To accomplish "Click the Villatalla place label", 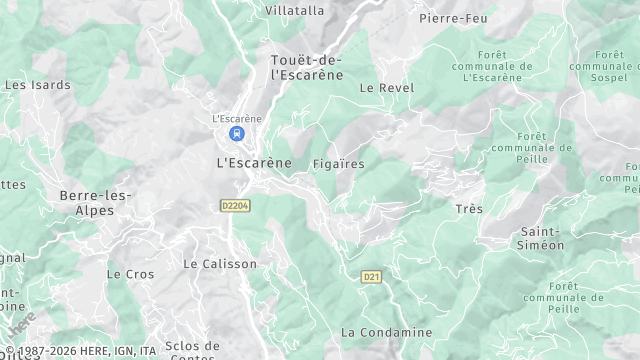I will [295, 10].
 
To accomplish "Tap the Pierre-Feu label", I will [453, 18].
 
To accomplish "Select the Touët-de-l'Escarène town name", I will [307, 67].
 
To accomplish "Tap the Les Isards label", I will [29, 85].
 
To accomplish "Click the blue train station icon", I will [237, 133].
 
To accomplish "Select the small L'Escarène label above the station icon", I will [237, 118].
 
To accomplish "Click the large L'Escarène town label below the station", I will [254, 162].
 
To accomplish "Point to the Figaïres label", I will [338, 163].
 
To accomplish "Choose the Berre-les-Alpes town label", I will [95, 202].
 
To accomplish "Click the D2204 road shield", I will [235, 205].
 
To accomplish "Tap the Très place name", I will [468, 209].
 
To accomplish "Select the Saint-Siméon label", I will [541, 238].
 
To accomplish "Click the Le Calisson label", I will [220, 264].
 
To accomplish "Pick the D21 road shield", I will [371, 276].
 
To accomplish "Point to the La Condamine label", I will [387, 332].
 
